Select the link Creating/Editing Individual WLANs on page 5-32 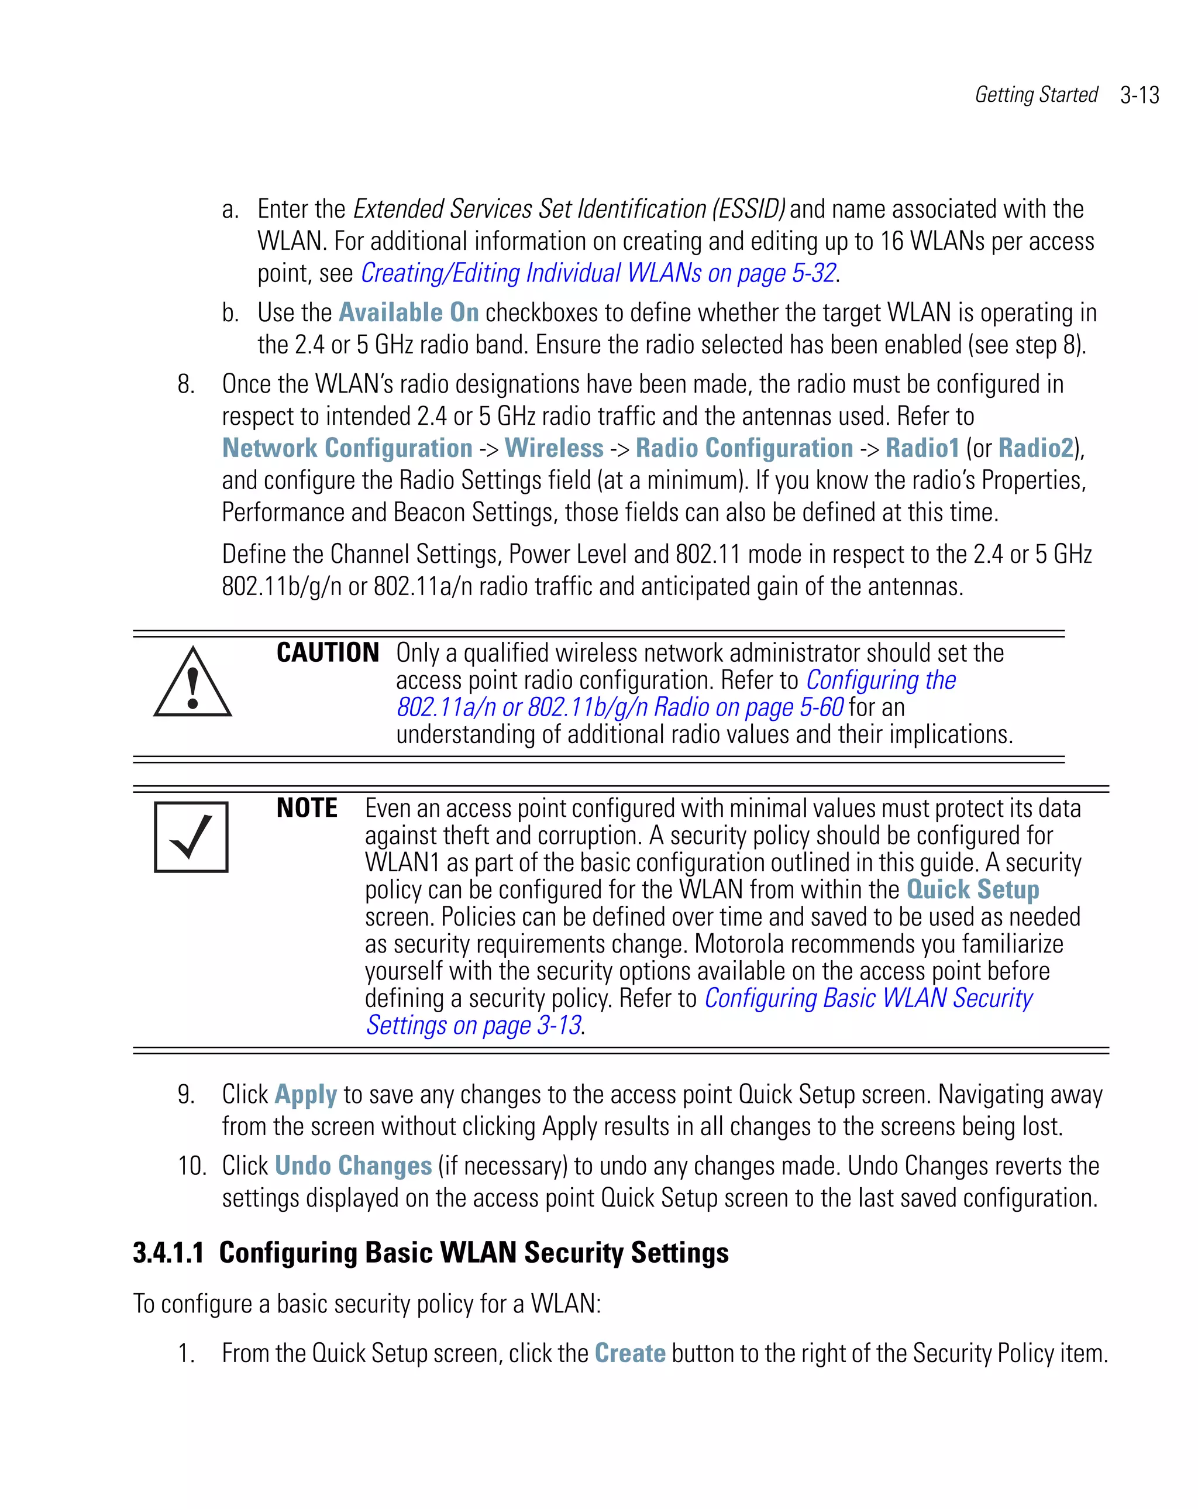[x=598, y=273]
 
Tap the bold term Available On [x=409, y=312]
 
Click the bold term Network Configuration [x=347, y=448]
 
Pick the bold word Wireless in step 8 [x=553, y=448]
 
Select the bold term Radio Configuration [x=744, y=448]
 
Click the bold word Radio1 [x=922, y=448]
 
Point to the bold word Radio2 [x=1035, y=448]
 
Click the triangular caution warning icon [x=192, y=683]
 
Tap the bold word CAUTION [x=328, y=652]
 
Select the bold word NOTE [x=307, y=807]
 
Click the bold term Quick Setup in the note [x=973, y=889]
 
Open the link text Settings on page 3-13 [x=474, y=1025]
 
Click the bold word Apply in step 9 [x=306, y=1095]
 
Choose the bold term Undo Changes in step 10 [x=353, y=1166]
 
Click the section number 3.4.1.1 [x=168, y=1253]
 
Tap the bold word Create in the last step [x=630, y=1353]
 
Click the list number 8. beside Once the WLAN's [x=186, y=384]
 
